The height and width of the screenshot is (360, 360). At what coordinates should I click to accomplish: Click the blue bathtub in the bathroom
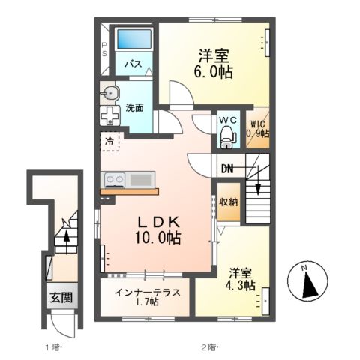[x=132, y=37]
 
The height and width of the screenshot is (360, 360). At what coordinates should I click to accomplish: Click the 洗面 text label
[x=134, y=108]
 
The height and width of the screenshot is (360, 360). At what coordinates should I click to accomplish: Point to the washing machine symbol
[x=110, y=116]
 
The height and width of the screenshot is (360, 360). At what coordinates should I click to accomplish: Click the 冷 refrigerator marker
[x=109, y=140]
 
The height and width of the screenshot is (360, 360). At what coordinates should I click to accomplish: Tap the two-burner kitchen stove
[x=115, y=180]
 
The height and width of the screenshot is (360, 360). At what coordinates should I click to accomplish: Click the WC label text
[x=227, y=120]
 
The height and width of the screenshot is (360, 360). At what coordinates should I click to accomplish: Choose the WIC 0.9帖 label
[x=259, y=129]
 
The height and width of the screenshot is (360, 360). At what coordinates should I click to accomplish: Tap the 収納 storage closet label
[x=229, y=202]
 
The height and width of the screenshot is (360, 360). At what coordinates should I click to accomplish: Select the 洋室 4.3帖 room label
[x=238, y=278]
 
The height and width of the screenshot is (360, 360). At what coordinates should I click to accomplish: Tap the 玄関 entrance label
[x=62, y=298]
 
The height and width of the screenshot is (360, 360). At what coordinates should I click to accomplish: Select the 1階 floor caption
[x=52, y=346]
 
